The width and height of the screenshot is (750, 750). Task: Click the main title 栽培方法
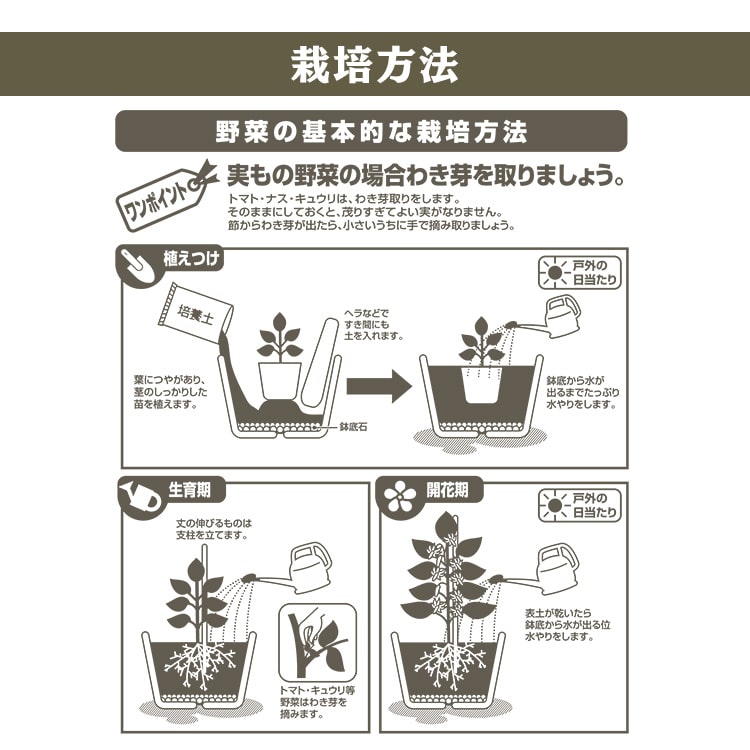pyautogui.click(x=374, y=64)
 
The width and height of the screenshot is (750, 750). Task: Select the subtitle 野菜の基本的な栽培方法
pyautogui.click(x=371, y=131)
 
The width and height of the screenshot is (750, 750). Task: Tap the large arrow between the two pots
pyautogui.click(x=379, y=385)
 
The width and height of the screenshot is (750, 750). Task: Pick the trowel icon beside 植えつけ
pyautogui.click(x=138, y=263)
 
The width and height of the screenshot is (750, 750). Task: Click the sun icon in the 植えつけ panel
pyautogui.click(x=553, y=272)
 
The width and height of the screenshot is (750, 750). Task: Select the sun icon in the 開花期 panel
pyautogui.click(x=553, y=504)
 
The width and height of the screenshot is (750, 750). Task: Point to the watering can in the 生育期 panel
pyautogui.click(x=309, y=567)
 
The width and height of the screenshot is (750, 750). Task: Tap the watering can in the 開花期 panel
pyautogui.click(x=557, y=566)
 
